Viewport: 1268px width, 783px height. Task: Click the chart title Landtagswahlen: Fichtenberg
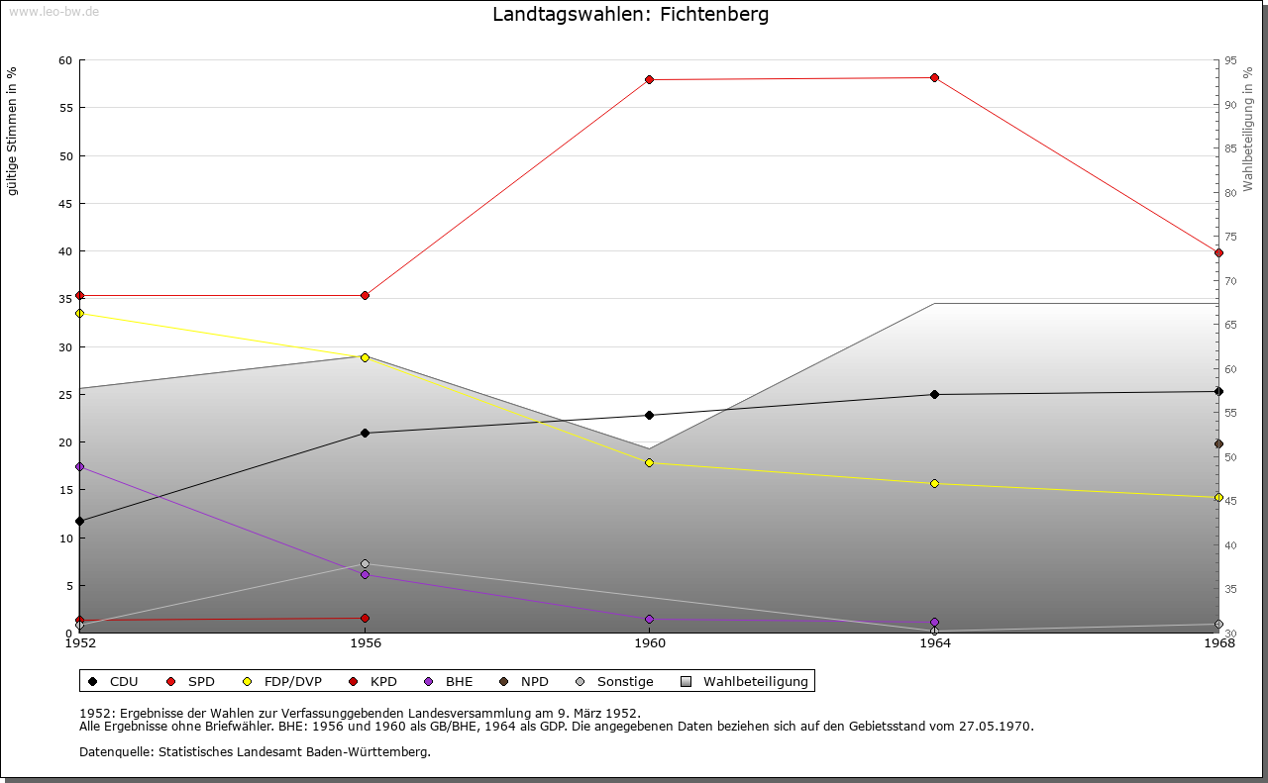630,15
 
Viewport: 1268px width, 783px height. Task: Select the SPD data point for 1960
650,79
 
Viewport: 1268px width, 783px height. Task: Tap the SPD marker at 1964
934,77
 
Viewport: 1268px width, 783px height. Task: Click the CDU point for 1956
365,433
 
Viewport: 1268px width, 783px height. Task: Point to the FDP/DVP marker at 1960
650,462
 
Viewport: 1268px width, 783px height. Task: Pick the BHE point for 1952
80,466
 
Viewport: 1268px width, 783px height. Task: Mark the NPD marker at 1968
1218,443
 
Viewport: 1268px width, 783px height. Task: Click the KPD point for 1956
365,618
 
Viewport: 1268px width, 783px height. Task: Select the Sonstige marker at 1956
365,563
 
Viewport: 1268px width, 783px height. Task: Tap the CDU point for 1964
934,394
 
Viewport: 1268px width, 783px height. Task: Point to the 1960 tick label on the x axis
650,643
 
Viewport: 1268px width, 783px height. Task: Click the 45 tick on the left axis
65,204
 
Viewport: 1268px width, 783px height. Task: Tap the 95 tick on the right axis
1230,60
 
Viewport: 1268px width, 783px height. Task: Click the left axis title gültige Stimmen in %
13,132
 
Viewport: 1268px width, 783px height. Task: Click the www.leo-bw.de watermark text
53,10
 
